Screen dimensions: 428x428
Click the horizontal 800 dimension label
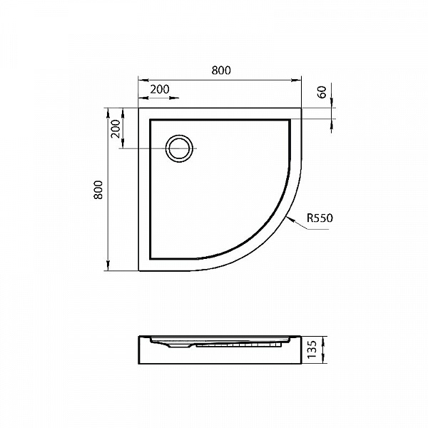(x=221, y=71)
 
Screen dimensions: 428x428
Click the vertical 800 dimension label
(x=98, y=190)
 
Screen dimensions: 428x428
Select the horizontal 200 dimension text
(x=160, y=89)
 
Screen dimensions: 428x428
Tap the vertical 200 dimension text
(x=116, y=129)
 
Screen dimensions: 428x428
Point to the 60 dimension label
(x=322, y=92)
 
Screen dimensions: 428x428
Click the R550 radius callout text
(x=320, y=218)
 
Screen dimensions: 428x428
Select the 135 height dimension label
(x=312, y=350)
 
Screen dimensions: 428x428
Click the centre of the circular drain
(x=179, y=148)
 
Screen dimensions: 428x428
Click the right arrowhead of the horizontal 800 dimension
(x=297, y=80)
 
